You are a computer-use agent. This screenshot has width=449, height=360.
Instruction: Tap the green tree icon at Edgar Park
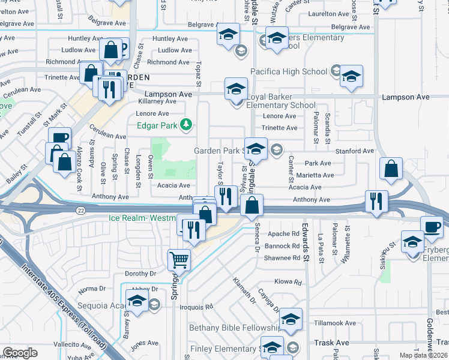187,124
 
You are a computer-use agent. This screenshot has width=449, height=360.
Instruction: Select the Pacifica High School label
289,71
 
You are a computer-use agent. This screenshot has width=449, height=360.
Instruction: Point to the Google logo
20,353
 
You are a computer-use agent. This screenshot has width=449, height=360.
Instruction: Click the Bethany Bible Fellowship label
235,328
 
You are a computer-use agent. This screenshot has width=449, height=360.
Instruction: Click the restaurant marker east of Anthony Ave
376,201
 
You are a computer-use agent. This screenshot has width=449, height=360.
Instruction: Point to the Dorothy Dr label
140,273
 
